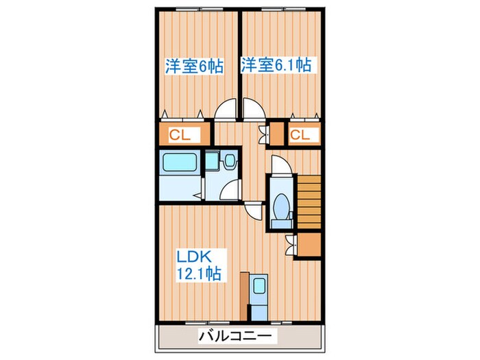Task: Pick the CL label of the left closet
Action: (180, 134)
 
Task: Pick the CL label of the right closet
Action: (299, 134)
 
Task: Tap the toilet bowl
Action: (280, 206)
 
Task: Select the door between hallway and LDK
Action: (253, 211)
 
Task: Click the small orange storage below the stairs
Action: (309, 244)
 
